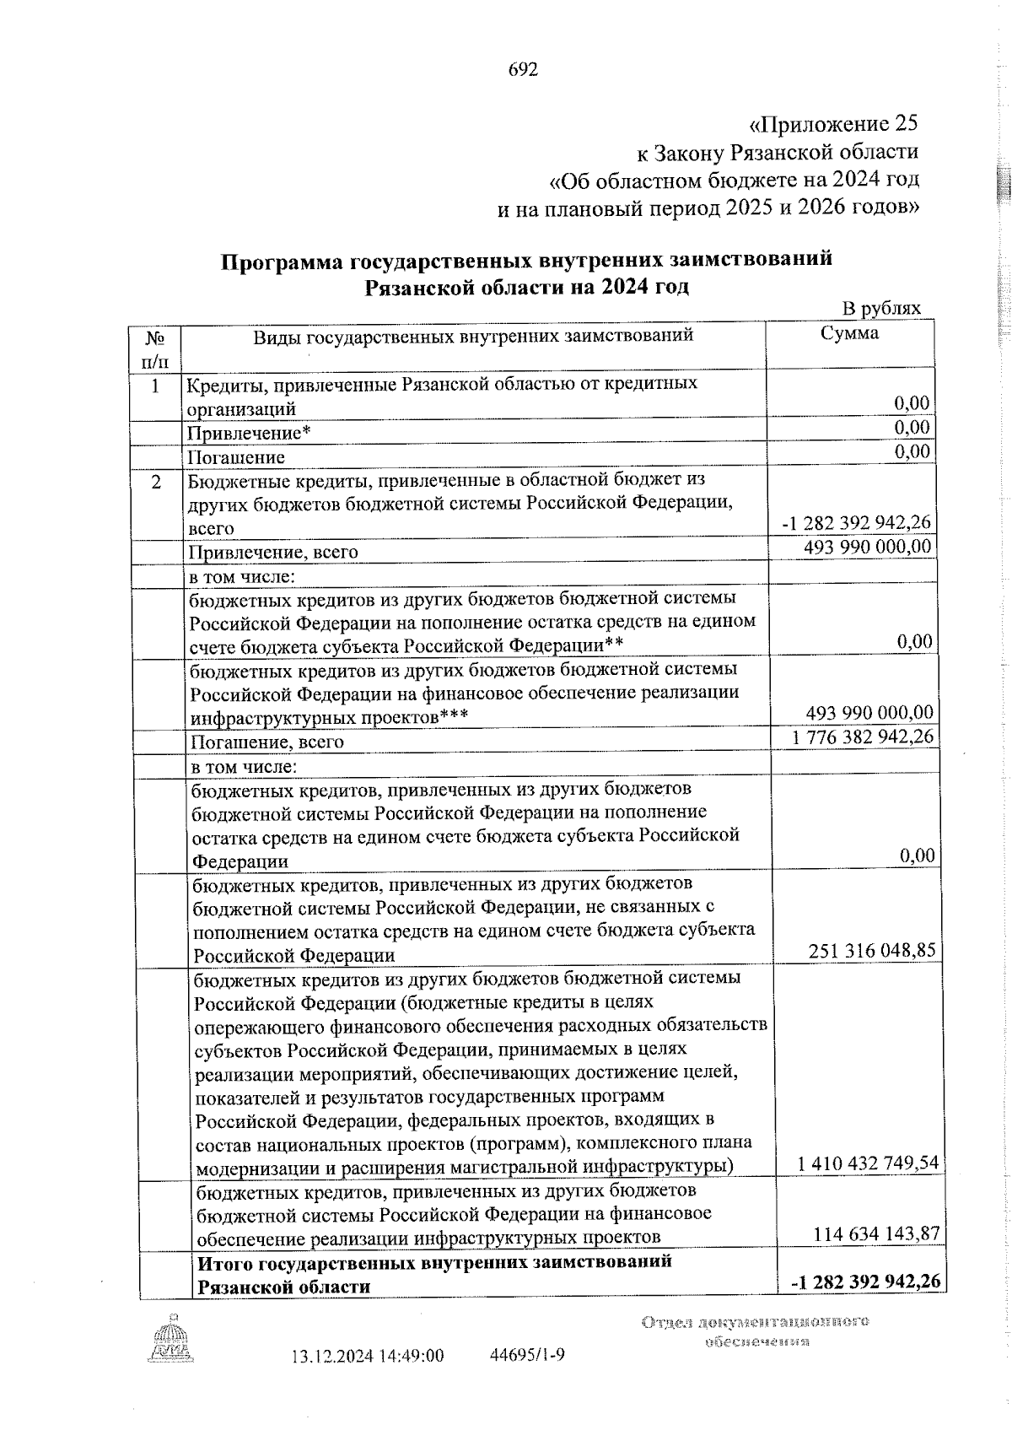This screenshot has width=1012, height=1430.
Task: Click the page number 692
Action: pyautogui.click(x=523, y=70)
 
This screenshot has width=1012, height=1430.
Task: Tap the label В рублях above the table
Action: pyautogui.click(x=881, y=309)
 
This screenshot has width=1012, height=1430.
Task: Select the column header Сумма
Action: pyautogui.click(x=849, y=333)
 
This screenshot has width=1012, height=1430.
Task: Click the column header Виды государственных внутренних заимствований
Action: pyautogui.click(x=473, y=336)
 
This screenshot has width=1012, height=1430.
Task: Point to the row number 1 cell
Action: pyautogui.click(x=154, y=386)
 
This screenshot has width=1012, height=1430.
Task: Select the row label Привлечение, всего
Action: pyautogui.click(x=273, y=552)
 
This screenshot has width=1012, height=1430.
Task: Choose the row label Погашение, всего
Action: pyautogui.click(x=267, y=742)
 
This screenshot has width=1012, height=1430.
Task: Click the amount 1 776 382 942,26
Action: pyautogui.click(x=863, y=737)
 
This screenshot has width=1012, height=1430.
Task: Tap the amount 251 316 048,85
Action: pyautogui.click(x=871, y=951)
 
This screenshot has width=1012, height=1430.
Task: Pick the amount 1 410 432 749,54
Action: pyautogui.click(x=868, y=1164)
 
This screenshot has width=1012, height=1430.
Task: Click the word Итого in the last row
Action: pyautogui.click(x=225, y=1262)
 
